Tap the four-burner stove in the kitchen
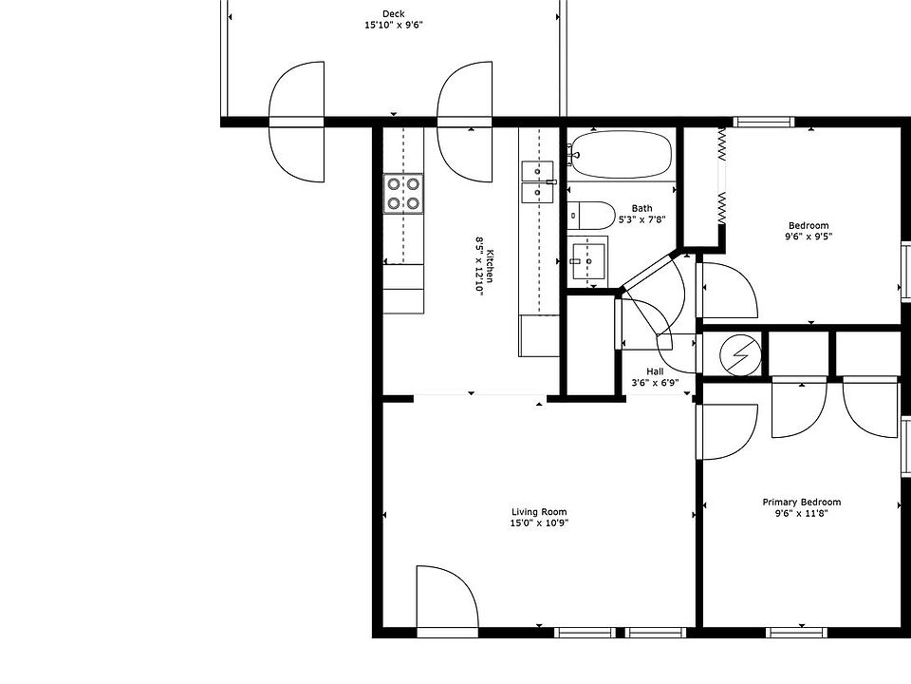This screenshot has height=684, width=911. coord(402,193)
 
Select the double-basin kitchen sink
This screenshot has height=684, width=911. coord(537,181)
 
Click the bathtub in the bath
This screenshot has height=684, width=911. coord(621,155)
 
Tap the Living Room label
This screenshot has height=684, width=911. coord(539,513)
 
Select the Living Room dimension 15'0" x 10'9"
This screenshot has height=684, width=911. coord(539,523)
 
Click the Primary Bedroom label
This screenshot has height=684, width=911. coord(801,503)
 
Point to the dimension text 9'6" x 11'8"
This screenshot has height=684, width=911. coord(801,513)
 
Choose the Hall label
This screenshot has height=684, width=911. coord(655,371)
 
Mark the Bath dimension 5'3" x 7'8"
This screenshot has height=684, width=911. coord(641,219)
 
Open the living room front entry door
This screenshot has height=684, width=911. coord(447,598)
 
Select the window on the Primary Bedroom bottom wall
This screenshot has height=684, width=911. coord(793,632)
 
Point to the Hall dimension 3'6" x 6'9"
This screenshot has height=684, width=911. coord(655,383)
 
